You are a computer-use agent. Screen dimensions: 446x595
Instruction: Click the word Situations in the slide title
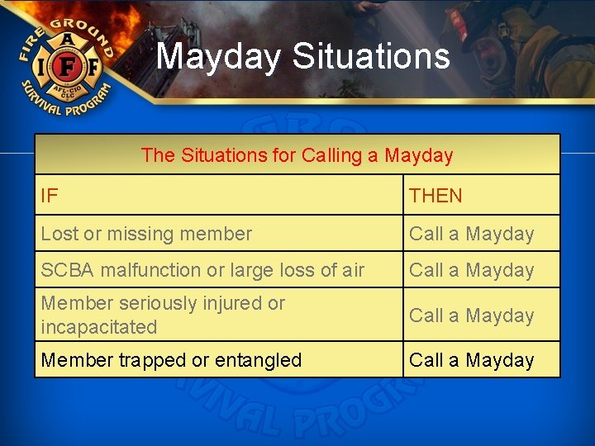371,56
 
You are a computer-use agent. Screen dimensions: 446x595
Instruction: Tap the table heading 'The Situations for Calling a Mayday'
297,155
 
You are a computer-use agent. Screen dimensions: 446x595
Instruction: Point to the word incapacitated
98,327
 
